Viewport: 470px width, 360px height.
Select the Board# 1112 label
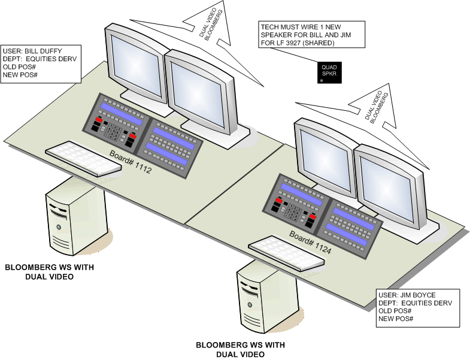click(x=131, y=163)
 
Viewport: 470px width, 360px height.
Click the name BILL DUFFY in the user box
click(x=46, y=51)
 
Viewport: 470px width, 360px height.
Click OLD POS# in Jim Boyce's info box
click(x=395, y=311)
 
